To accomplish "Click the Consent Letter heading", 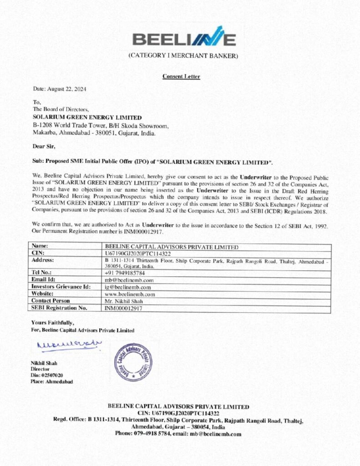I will [x=181, y=76].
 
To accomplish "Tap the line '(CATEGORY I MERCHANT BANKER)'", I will [x=183, y=56].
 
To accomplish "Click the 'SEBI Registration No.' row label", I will [x=59, y=308].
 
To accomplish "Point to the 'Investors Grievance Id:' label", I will [x=61, y=287].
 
